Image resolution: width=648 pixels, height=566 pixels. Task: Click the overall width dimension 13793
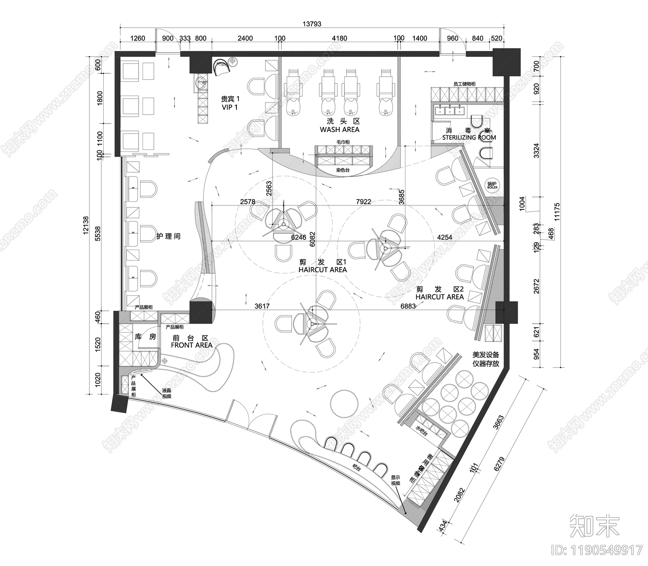click(311, 24)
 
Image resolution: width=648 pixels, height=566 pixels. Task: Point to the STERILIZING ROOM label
click(469, 137)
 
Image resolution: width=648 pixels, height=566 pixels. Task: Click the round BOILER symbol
click(492, 186)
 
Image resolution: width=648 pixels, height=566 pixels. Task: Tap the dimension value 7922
click(363, 201)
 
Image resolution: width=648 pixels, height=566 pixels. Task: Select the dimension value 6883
click(408, 306)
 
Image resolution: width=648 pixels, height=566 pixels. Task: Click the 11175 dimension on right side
click(557, 211)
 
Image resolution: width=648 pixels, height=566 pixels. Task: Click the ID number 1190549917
click(597, 550)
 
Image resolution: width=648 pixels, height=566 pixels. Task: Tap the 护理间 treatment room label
click(168, 236)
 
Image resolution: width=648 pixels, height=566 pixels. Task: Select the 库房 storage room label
click(145, 337)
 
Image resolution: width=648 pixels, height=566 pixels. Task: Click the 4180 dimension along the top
click(339, 38)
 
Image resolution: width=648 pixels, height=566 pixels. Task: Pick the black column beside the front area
click(200, 311)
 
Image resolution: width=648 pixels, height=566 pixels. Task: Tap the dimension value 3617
click(262, 306)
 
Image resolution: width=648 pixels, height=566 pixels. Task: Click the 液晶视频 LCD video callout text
click(166, 393)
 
